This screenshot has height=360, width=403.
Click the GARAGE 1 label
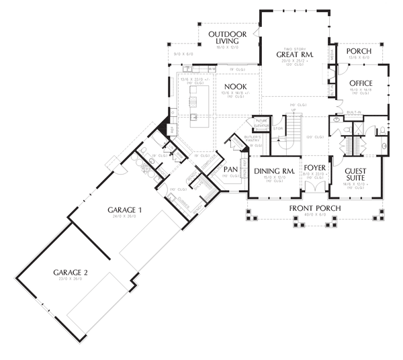(x=126, y=210)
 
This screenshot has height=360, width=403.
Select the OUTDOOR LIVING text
(x=227, y=38)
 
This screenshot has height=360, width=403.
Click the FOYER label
(x=314, y=166)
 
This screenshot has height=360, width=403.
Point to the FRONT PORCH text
(x=314, y=209)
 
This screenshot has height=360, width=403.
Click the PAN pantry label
(x=231, y=169)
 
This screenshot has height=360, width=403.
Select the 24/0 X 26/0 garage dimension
(x=126, y=217)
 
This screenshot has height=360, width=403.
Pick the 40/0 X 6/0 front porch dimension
(x=314, y=216)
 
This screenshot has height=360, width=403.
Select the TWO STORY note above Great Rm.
(x=294, y=48)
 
